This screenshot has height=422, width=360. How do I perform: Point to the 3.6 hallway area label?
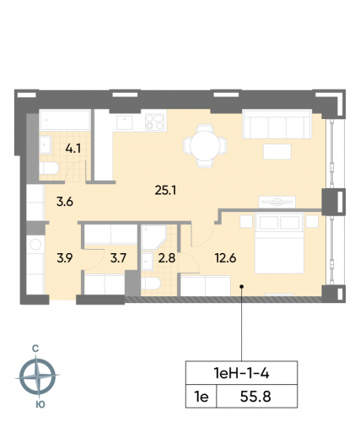(65, 202)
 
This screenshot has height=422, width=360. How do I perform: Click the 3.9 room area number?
(64, 258)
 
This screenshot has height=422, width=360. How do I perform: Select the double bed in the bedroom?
(285, 241)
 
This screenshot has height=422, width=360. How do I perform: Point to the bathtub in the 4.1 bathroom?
(65, 121)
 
